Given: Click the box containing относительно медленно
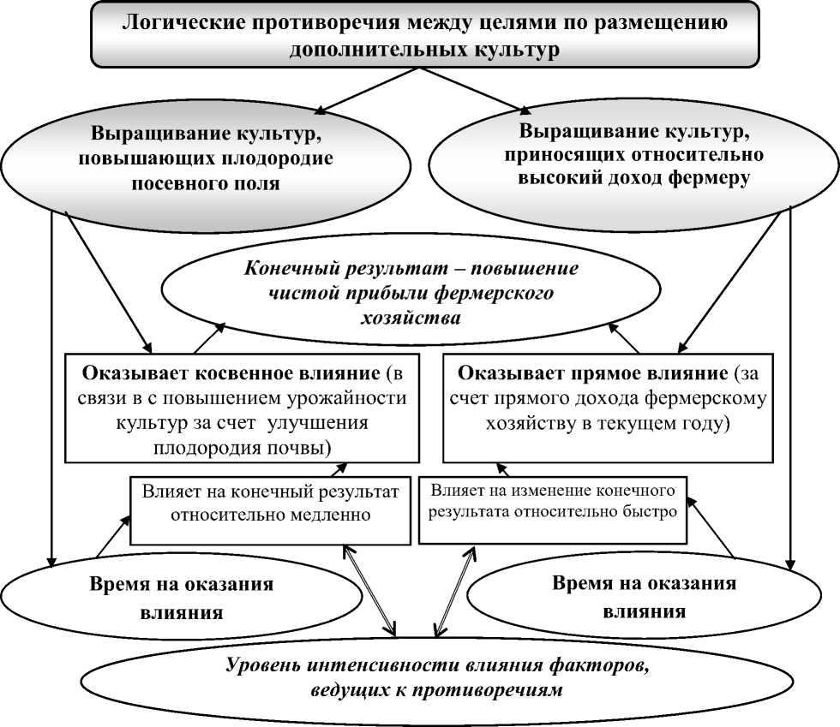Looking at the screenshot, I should tap(270, 504).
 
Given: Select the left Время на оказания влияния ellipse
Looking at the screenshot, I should tap(181, 599).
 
